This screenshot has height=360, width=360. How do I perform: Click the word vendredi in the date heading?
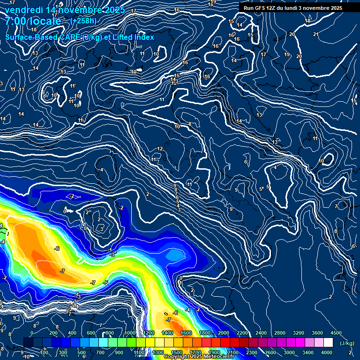(x=24, y=10)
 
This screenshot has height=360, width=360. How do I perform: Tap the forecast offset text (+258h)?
(x=83, y=21)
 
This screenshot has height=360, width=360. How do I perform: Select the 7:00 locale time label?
(x=33, y=22)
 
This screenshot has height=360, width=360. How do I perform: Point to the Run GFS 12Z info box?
(x=292, y=8)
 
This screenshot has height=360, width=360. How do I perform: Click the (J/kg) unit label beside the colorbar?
(x=346, y=343)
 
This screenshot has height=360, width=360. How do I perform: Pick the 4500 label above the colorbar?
(x=336, y=333)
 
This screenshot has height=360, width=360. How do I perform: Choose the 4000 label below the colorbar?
(x=327, y=352)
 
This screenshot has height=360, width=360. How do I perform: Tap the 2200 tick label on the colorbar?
(x=242, y=333)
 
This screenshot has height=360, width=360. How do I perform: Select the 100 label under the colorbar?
(x=44, y=352)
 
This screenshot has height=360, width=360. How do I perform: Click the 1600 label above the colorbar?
(x=186, y=333)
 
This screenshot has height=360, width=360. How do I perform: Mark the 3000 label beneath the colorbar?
(x=289, y=352)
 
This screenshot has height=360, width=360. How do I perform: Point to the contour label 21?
(x=316, y=34)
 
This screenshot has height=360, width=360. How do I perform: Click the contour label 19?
(x=287, y=55)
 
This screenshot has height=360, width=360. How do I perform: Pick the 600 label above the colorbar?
(x=91, y=333)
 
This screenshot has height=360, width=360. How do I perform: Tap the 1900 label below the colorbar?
(x=214, y=352)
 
